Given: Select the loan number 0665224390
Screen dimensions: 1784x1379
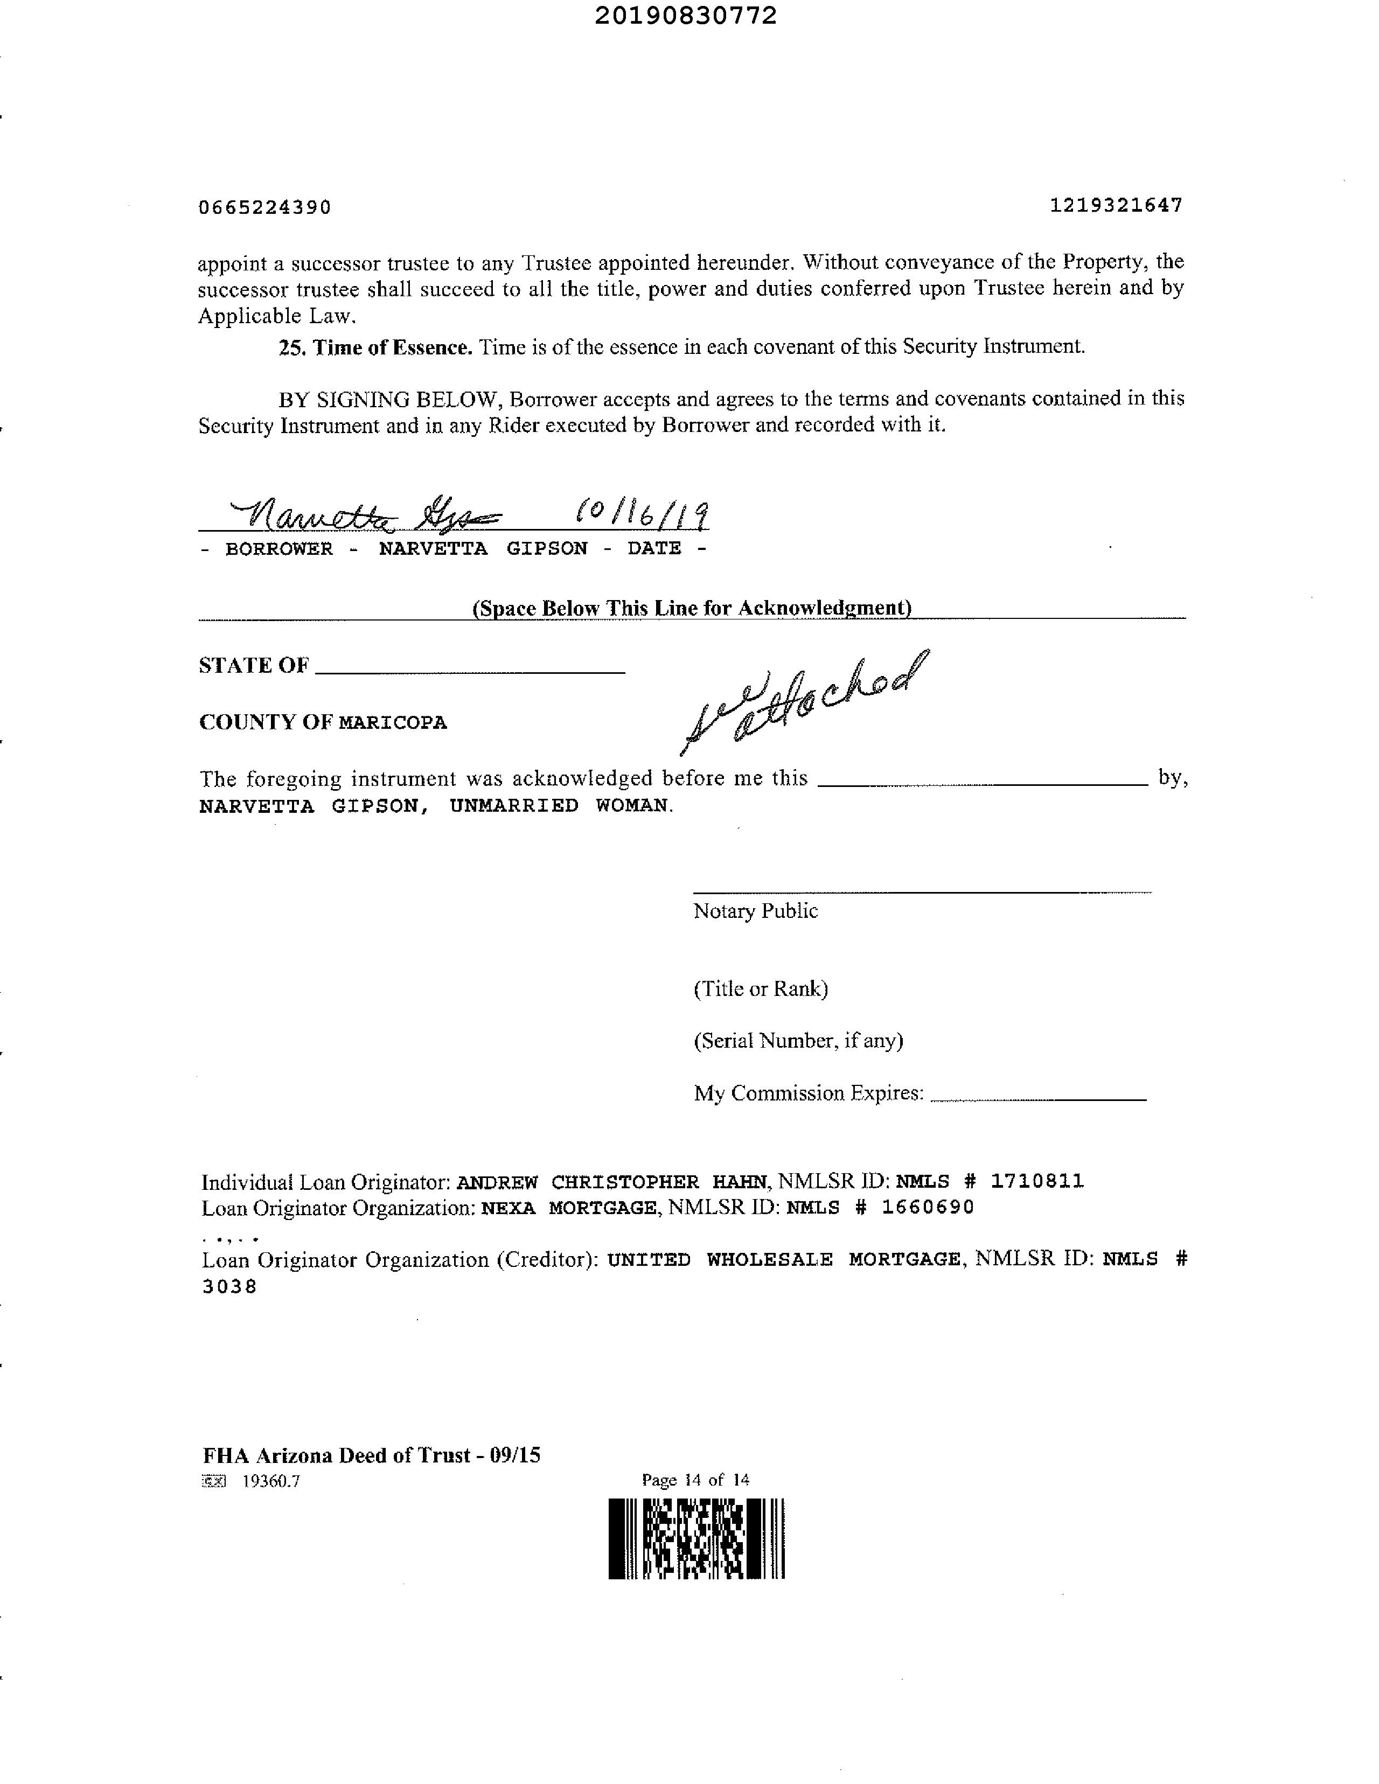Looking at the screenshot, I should [264, 207].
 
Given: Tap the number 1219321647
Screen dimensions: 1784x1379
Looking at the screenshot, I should [1116, 205].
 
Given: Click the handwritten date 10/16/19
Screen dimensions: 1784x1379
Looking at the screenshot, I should [642, 514].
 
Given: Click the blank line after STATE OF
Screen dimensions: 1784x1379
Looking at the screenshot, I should [470, 671].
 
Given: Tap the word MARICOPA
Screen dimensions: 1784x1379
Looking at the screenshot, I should [393, 723].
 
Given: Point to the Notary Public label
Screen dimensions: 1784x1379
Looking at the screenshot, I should [755, 911].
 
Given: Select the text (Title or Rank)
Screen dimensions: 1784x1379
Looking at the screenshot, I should [761, 989].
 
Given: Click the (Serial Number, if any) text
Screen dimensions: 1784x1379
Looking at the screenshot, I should [798, 1041].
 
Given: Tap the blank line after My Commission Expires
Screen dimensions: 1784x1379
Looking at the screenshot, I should [1037, 1099].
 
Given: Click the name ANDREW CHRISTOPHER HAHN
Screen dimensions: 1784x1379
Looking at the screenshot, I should [612, 1182].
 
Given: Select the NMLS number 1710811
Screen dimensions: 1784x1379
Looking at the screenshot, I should [1037, 1181].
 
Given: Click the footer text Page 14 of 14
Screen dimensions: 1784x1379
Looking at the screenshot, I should [695, 1480].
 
